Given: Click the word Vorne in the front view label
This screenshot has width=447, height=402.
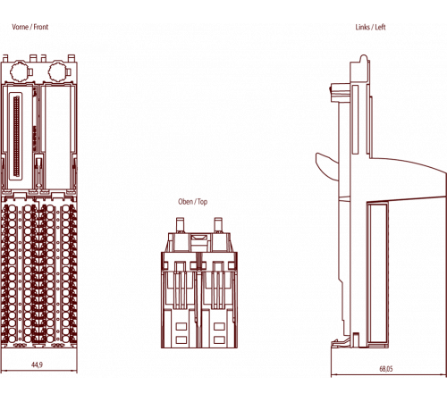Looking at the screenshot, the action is [21, 27].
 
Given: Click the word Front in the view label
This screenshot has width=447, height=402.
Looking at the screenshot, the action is [41, 27].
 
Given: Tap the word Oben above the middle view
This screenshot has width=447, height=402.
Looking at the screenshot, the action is [185, 202].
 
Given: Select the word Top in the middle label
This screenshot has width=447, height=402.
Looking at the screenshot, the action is [202, 202].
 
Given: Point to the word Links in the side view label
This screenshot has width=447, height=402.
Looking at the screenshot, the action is [363, 27].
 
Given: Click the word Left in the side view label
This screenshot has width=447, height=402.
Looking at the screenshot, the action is [380, 27].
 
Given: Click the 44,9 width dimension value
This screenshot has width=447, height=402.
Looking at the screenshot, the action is [38, 364].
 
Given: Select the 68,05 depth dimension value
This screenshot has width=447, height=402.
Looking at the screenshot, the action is [386, 369].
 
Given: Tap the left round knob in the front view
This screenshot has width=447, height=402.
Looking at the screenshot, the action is [20, 72].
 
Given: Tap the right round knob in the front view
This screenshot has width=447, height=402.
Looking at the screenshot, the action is [57, 72].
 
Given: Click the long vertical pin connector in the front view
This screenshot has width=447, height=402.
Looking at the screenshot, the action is [16, 136].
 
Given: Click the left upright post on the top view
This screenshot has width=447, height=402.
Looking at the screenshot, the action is [180, 225].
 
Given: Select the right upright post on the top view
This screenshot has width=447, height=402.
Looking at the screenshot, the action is [218, 225].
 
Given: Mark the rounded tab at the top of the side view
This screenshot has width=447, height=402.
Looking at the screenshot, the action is [364, 59].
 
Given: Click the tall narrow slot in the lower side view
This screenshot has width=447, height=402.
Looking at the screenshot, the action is [378, 273].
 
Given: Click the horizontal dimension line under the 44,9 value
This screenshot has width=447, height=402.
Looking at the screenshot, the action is [39, 371].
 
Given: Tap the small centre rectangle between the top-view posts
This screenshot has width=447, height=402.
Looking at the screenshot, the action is [199, 238].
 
